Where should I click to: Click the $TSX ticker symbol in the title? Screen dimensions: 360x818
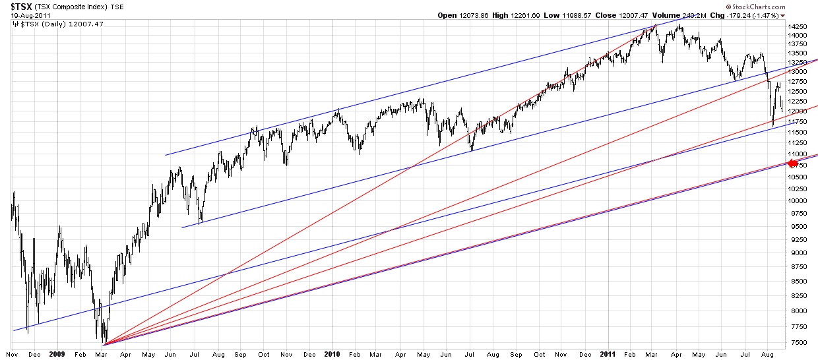tap(16, 5)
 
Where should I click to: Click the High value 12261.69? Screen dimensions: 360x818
tap(525, 15)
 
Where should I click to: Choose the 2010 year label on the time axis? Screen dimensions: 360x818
tap(332, 353)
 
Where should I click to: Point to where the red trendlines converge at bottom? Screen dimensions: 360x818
tap(104, 344)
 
